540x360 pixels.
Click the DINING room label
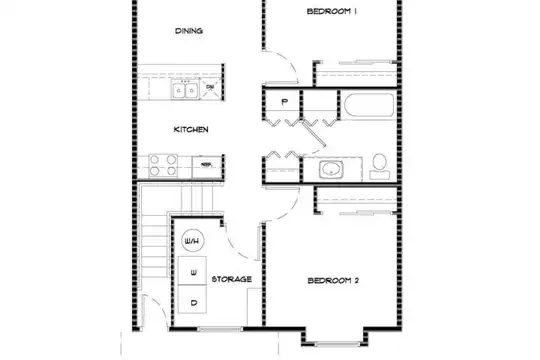189,31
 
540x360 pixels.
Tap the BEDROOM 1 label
332,11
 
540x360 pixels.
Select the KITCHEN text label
191,130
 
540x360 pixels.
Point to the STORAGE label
231,279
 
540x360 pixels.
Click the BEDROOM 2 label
333,281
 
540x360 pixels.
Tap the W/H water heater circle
193,241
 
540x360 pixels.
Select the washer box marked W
193,271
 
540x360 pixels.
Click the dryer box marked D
193,299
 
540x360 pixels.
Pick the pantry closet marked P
284,102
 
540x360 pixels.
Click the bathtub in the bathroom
369,105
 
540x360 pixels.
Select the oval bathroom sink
331,169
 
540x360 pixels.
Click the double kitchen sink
185,90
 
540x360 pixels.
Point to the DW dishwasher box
211,88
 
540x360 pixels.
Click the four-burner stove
163,165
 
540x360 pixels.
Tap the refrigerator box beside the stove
207,167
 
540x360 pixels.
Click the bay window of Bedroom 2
333,343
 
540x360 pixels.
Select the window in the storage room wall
220,329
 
